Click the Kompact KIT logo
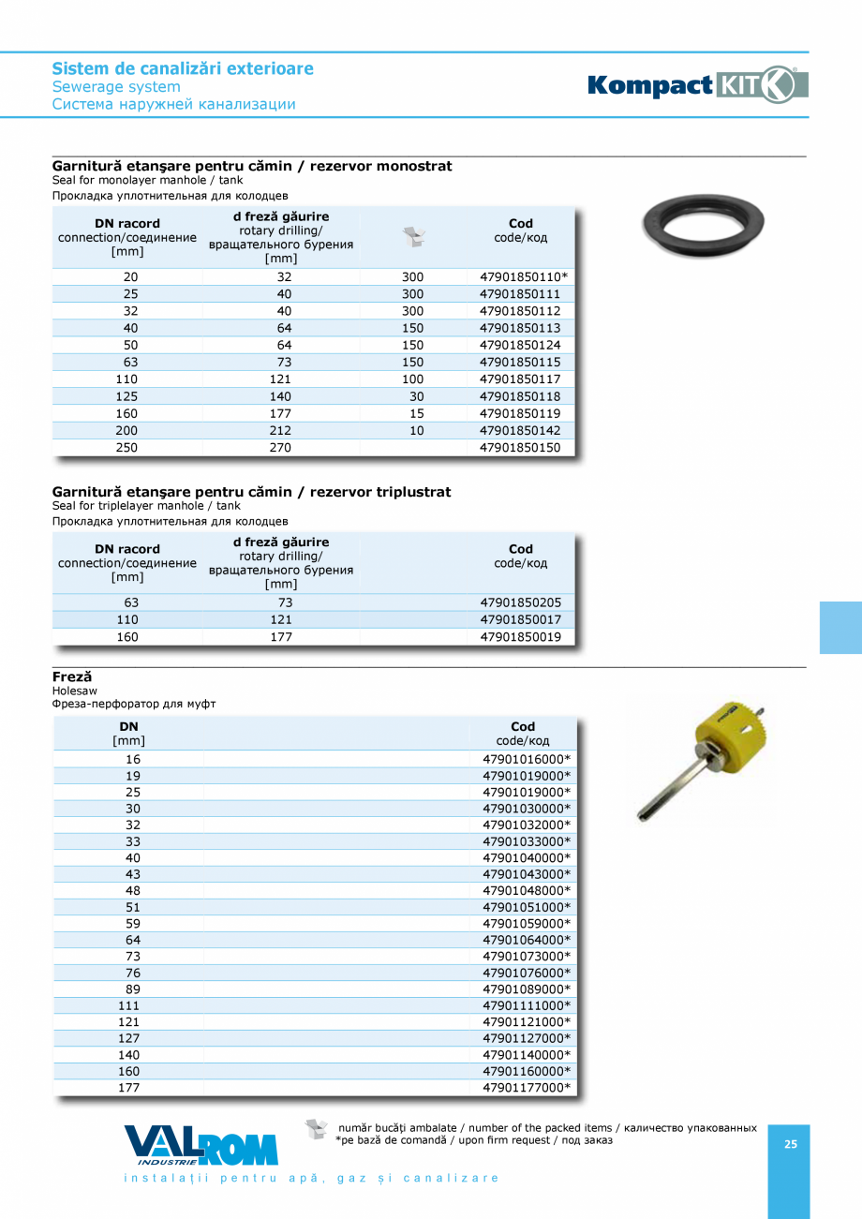[x=697, y=85]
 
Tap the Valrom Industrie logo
[x=201, y=1145]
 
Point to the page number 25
[x=790, y=1144]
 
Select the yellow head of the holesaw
[x=727, y=732]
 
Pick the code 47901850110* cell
[x=524, y=277]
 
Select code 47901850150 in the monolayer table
[x=520, y=448]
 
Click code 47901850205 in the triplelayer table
[x=520, y=603]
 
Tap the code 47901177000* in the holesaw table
[x=526, y=1088]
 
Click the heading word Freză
[x=72, y=676]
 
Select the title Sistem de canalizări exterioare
[x=183, y=68]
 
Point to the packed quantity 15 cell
[x=416, y=413]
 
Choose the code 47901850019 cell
[x=520, y=637]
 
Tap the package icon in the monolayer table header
[x=413, y=237]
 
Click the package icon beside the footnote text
[x=317, y=1129]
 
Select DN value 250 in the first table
[x=126, y=448]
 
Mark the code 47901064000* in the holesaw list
[x=526, y=940]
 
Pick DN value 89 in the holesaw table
[x=132, y=989]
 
